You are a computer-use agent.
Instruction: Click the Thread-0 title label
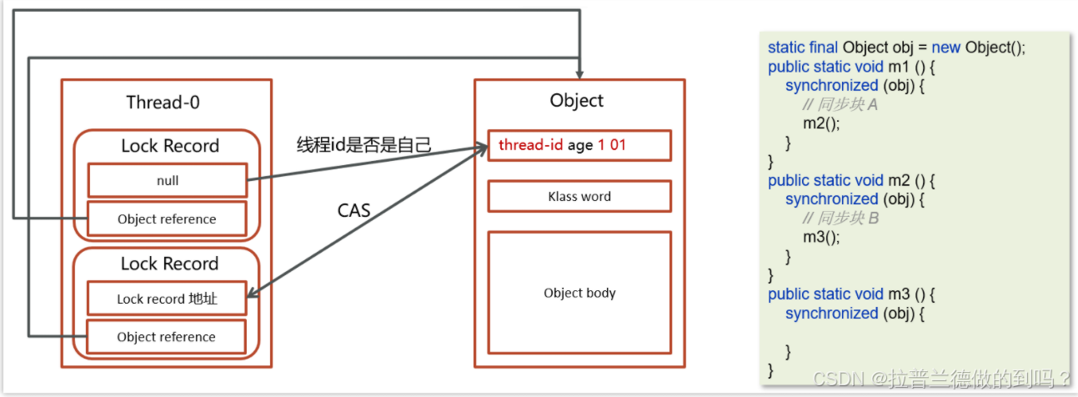[163, 103]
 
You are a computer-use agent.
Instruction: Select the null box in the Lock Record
[167, 180]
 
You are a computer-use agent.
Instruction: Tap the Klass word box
[579, 197]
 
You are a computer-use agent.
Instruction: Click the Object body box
[579, 293]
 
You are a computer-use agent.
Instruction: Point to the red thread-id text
[530, 145]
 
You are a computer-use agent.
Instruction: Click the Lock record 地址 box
[167, 298]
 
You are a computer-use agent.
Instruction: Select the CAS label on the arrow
[353, 210]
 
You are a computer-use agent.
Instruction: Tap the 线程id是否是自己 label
[364, 145]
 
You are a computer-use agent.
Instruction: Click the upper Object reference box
[167, 219]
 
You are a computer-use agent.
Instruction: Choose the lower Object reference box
[167, 337]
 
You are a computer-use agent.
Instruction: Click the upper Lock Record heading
[169, 146]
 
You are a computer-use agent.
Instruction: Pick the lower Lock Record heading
[169, 264]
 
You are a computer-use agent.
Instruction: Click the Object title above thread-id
[576, 101]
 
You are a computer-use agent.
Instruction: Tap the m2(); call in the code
[821, 123]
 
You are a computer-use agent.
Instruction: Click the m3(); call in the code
[821, 237]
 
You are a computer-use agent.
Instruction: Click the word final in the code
[824, 48]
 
